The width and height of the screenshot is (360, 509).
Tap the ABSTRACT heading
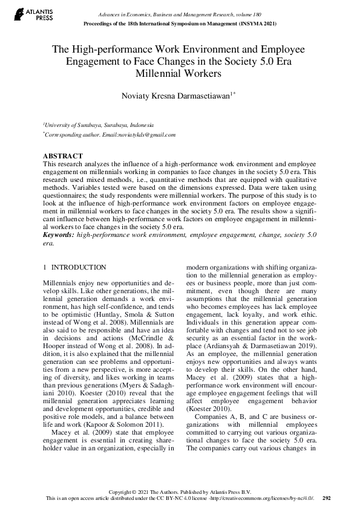click(x=62, y=156)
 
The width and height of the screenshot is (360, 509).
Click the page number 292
click(x=327, y=498)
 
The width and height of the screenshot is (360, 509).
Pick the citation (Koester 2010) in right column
click(x=206, y=408)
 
